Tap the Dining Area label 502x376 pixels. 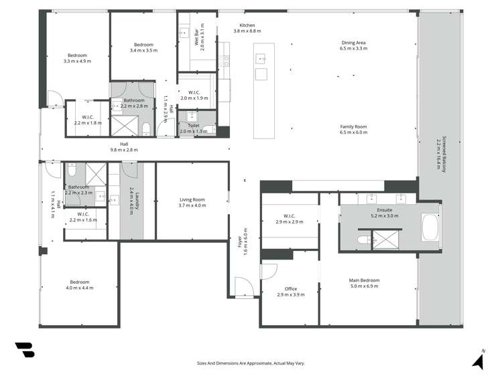tap(353, 45)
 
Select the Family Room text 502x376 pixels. tap(353, 130)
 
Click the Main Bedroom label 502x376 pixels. tap(364, 283)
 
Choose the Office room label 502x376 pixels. tap(290, 292)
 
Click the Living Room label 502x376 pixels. tap(192, 202)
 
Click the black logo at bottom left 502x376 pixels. tap(24, 351)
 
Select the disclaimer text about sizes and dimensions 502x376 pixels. tap(251, 363)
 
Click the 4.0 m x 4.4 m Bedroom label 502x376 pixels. tap(79, 284)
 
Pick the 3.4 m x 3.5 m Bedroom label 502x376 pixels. tap(143, 48)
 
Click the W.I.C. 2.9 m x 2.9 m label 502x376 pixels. tap(290, 219)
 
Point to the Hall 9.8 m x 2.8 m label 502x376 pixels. tap(124, 147)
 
